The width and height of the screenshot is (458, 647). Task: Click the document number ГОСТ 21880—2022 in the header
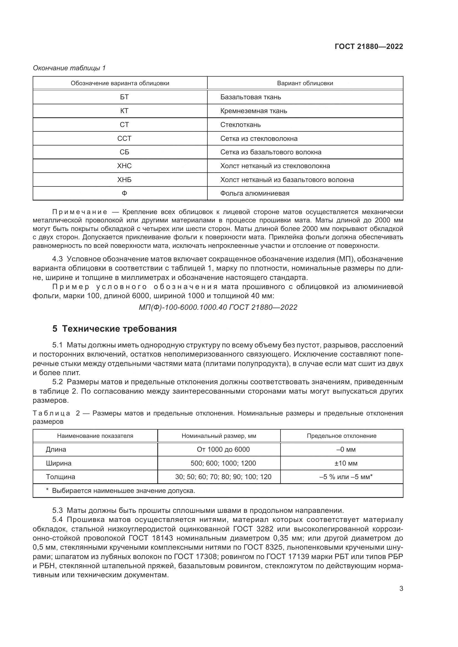[369, 46]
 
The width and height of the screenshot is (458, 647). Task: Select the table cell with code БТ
[124, 97]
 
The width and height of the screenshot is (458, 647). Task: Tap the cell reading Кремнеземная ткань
[254, 111]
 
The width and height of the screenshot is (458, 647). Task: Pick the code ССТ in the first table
[124, 139]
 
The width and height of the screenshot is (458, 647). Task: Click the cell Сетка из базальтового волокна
[271, 152]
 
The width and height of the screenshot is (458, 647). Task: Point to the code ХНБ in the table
[124, 180]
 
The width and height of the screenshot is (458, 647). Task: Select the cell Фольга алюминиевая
[255, 194]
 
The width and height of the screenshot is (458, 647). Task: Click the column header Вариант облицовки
[305, 84]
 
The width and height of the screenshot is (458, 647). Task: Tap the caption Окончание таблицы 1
[69, 68]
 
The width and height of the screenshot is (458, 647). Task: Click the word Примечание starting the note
[80, 212]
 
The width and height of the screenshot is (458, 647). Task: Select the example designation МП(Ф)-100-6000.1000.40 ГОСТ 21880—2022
[218, 307]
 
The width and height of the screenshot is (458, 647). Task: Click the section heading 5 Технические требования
[115, 329]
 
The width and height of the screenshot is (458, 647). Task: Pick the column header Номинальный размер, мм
[219, 436]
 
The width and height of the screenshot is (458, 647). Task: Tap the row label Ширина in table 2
[59, 463]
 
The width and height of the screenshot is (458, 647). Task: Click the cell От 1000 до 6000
[223, 449]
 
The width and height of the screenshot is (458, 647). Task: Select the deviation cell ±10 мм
[346, 463]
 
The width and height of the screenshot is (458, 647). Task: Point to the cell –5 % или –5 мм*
[346, 477]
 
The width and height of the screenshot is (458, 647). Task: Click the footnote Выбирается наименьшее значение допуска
[123, 491]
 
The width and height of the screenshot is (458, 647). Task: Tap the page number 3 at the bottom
[401, 589]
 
